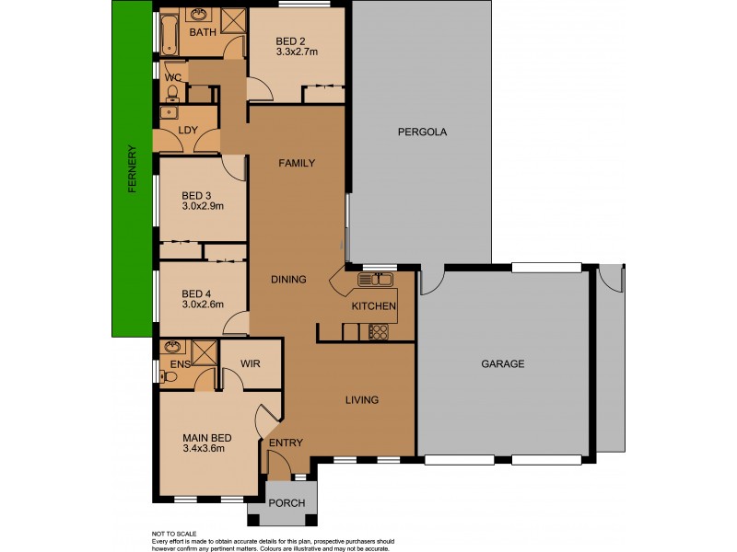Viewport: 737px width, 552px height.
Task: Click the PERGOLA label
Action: (x=422, y=132)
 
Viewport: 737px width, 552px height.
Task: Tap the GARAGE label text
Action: (x=503, y=363)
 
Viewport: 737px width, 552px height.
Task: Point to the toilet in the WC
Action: (x=172, y=91)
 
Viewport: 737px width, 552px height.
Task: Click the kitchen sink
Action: (x=377, y=279)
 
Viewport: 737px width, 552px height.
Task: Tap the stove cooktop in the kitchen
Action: (x=378, y=332)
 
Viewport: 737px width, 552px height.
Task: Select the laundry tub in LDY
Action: (x=169, y=113)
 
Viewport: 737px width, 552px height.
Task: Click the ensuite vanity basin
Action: (x=170, y=348)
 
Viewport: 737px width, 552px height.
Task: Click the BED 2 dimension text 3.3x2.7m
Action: (x=298, y=52)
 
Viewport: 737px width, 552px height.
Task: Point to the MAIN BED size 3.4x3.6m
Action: (x=204, y=449)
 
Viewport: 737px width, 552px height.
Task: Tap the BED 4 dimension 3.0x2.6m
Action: (x=203, y=305)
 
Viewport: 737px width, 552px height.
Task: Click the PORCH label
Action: (x=286, y=503)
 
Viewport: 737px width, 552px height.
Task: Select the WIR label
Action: (x=250, y=364)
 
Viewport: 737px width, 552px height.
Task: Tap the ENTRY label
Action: (x=286, y=443)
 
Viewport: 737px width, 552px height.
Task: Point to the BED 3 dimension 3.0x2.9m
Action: (x=203, y=206)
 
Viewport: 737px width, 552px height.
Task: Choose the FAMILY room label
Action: (x=297, y=163)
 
